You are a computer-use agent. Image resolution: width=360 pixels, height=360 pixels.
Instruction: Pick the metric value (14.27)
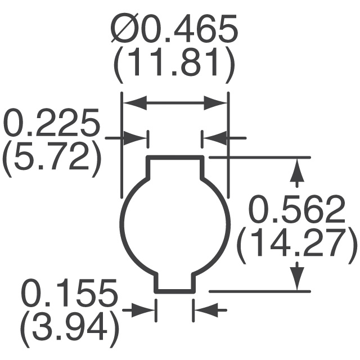(x=297, y=244)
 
